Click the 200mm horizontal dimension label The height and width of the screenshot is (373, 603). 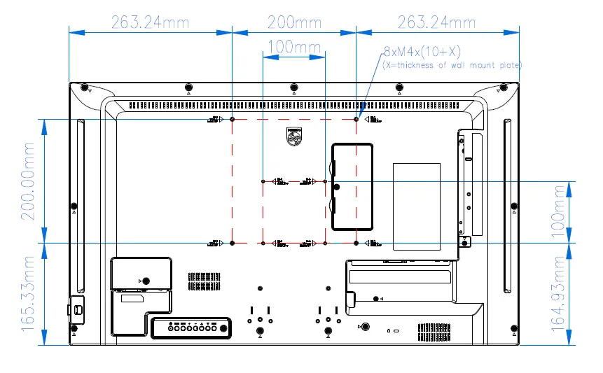pos(294,22)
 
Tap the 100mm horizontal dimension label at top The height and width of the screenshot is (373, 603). pos(294,48)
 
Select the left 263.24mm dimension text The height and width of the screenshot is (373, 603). pos(150,22)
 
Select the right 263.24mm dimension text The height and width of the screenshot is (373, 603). pos(437,22)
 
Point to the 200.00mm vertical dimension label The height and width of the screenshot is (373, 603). pos(29,181)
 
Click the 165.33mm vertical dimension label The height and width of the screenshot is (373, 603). pos(29,293)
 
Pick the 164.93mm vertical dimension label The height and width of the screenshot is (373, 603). pos(558,293)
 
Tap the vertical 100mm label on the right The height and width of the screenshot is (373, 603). pos(558,212)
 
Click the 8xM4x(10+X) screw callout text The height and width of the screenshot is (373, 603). pos(421,52)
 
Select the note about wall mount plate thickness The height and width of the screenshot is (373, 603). pos(452,65)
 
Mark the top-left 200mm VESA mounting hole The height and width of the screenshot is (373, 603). pos(232,120)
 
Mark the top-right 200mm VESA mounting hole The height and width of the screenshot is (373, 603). pos(356,120)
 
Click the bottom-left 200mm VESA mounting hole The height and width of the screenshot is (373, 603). pos(232,243)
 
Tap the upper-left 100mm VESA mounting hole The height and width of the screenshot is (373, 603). pos(263,181)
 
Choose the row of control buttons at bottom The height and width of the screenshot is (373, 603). pos(190,327)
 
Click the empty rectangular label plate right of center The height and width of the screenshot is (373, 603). pos(417,206)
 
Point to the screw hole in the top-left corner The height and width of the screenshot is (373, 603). pos(84,88)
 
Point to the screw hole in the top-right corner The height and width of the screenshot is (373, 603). pos(503,88)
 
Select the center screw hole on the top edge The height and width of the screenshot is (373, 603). pos(293,88)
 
